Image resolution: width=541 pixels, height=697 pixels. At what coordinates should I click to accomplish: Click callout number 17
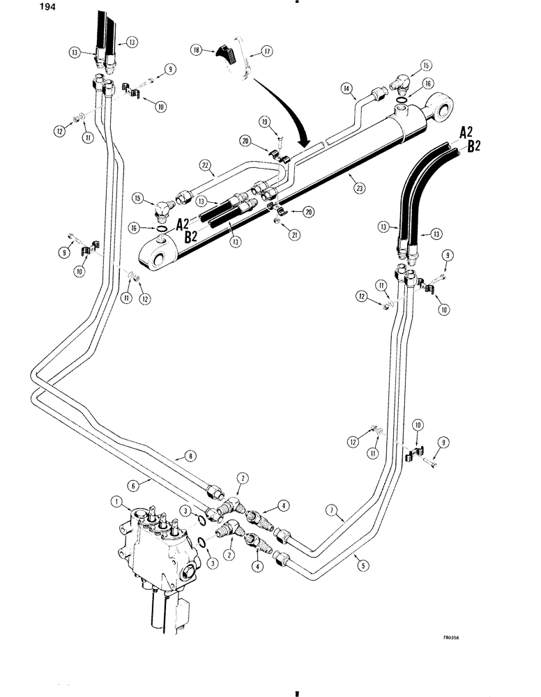[x=266, y=51]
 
